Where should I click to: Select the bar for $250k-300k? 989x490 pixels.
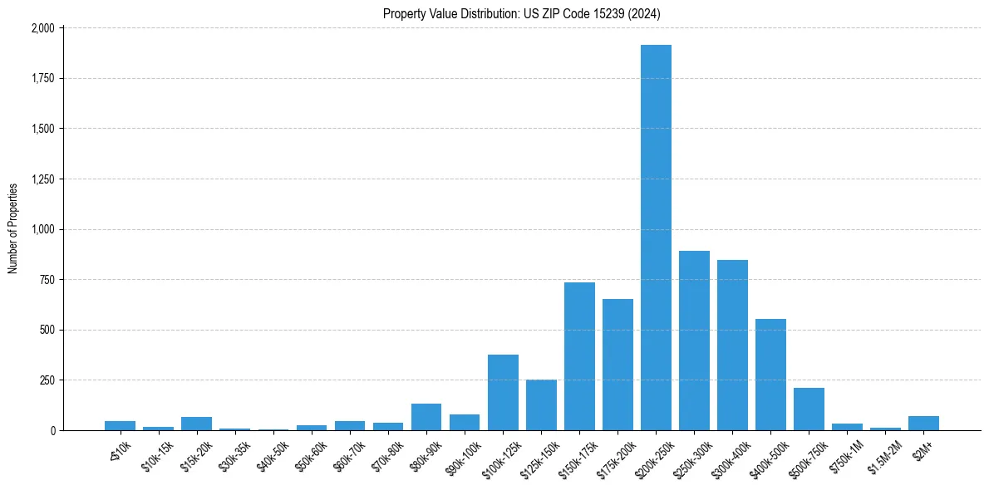click(x=694, y=341)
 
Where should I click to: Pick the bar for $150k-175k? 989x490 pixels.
click(x=579, y=356)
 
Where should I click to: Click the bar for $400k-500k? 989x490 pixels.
click(x=770, y=375)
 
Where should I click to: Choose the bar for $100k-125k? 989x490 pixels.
click(x=503, y=392)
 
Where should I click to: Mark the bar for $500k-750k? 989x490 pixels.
click(x=809, y=409)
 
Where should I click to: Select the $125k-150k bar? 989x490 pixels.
click(x=541, y=404)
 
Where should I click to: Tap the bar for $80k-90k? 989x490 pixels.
click(x=426, y=417)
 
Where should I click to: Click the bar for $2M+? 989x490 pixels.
click(x=923, y=423)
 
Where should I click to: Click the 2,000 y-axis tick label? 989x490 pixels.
click(x=42, y=28)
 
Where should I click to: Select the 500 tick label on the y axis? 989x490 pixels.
click(x=47, y=331)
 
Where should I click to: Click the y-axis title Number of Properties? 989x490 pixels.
click(x=13, y=228)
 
